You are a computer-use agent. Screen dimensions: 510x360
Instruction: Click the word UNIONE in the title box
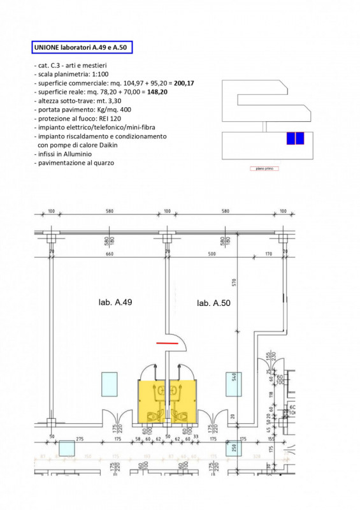tap(48, 47)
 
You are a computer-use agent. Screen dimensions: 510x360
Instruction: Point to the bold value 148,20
tap(157, 92)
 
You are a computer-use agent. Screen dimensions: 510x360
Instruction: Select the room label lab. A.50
tap(213, 303)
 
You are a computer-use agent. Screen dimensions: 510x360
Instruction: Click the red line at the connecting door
tap(168, 343)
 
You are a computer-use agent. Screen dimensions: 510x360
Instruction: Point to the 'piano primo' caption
tap(264, 169)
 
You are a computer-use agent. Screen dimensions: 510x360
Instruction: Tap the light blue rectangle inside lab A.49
tap(109, 384)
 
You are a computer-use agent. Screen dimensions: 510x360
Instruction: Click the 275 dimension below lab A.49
tap(81, 439)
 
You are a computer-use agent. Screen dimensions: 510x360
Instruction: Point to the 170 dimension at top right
tap(268, 255)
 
